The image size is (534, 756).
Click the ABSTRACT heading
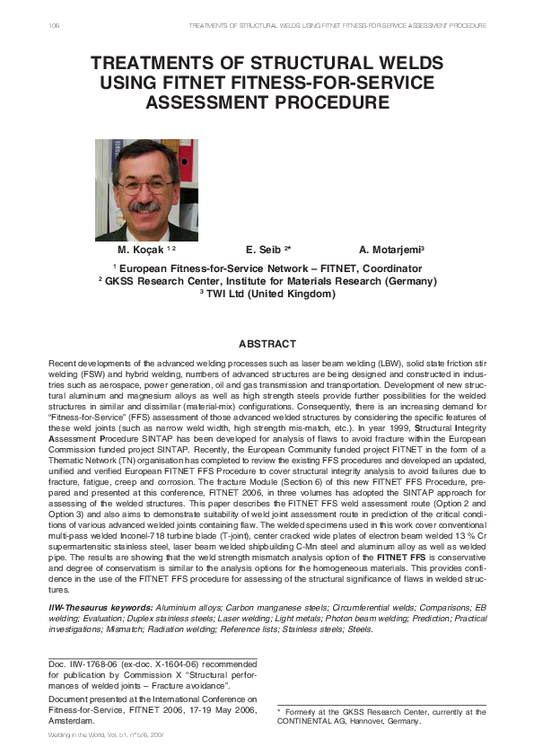(267, 344)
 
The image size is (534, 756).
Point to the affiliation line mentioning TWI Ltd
(267, 294)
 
